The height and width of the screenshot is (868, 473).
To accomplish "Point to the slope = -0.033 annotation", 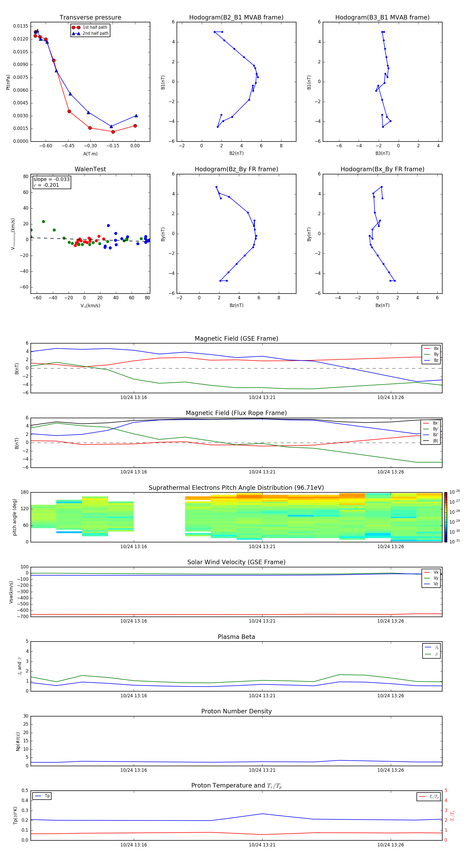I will click(52, 179).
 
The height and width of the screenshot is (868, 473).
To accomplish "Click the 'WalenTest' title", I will click(90, 169).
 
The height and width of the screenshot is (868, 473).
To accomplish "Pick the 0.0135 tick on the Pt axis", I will click(20, 26).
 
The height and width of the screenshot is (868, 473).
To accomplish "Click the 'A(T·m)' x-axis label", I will click(90, 154).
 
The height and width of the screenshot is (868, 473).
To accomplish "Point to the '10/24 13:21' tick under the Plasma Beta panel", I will click(262, 695).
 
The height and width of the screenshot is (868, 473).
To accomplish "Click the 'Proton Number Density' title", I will click(236, 711).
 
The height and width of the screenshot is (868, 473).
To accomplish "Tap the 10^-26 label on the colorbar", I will click(455, 492).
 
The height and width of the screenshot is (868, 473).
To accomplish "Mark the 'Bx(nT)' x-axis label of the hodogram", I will click(382, 306).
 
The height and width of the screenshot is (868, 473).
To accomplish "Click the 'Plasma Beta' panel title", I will click(236, 637).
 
